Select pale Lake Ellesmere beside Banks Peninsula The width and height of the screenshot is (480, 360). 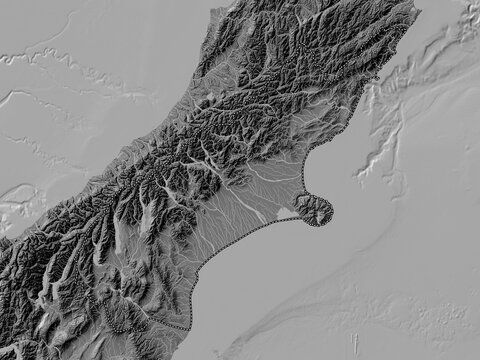(x=283, y=212)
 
